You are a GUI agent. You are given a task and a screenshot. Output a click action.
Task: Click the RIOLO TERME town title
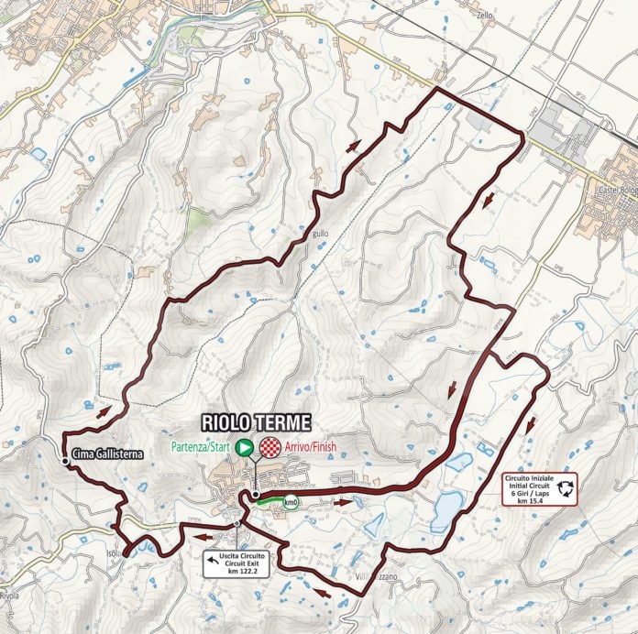pyautogui.click(x=257, y=422)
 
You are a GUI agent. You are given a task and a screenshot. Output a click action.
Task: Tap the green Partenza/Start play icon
pyautogui.click(x=245, y=447)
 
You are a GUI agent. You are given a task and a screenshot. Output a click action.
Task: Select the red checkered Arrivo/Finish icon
pyautogui.click(x=269, y=447)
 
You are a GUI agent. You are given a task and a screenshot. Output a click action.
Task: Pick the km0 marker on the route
pyautogui.click(x=291, y=502)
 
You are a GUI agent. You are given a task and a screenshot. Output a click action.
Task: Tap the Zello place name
pyautogui.click(x=511, y=16)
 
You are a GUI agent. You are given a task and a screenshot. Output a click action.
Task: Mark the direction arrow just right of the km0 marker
pyautogui.click(x=342, y=502)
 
